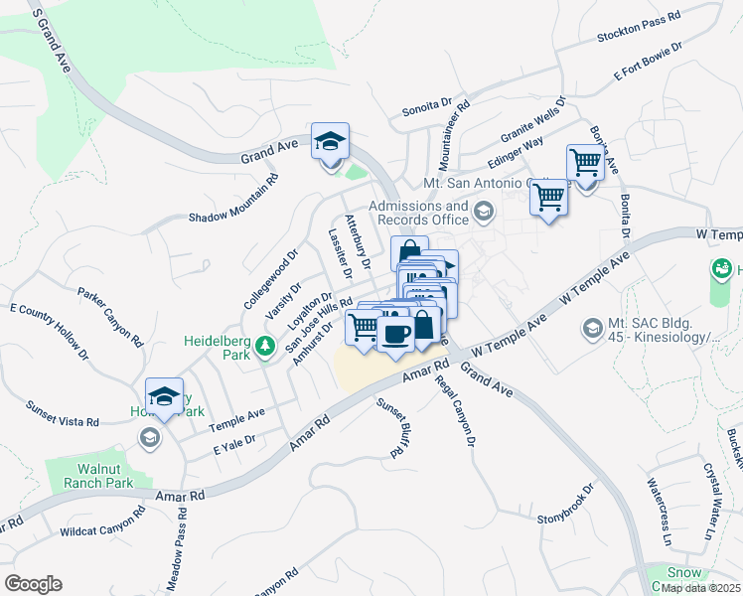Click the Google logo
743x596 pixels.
(x=33, y=584)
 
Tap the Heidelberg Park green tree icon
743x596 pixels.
(x=264, y=347)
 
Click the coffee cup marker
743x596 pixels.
(x=395, y=334)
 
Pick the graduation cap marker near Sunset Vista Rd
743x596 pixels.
(x=165, y=398)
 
